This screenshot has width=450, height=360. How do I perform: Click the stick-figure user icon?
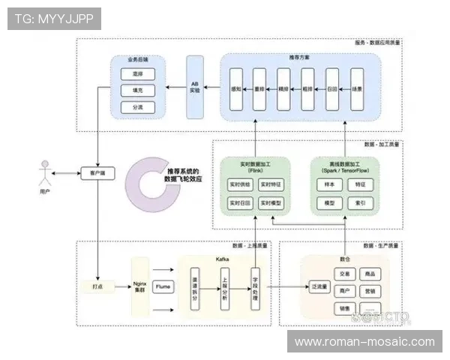click(x=46, y=174)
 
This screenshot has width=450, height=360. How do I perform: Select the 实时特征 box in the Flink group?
click(x=271, y=184)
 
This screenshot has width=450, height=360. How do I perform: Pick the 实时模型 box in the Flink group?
click(x=271, y=203)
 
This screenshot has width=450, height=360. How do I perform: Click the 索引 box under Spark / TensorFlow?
click(x=361, y=203)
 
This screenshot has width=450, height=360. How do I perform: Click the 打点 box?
click(x=97, y=286)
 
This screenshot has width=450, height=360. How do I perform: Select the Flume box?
click(x=163, y=286)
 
